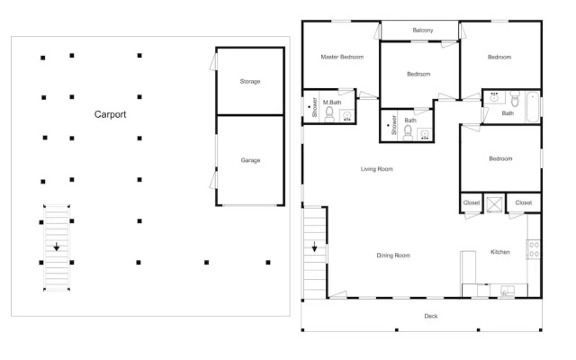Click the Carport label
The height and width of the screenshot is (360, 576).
[x=110, y=114]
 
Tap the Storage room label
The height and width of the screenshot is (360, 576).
[x=250, y=82]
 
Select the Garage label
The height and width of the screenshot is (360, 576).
[x=250, y=160]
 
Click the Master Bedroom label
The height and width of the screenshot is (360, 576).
[x=342, y=57]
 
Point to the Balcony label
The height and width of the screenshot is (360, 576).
[x=423, y=30]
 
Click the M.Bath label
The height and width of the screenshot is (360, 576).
[x=332, y=103]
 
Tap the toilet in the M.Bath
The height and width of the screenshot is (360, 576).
[x=329, y=114]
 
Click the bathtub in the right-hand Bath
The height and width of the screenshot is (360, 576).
[x=533, y=107]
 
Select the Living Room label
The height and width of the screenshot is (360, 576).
[x=377, y=169]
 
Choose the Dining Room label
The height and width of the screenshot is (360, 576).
[x=393, y=256]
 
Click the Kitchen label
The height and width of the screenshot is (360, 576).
[x=500, y=252]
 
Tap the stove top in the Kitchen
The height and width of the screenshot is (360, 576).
[x=534, y=249]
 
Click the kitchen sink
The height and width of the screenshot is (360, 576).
[x=508, y=291]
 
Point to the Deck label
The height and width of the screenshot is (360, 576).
[x=431, y=316]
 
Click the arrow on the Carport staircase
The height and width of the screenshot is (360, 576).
[x=56, y=247]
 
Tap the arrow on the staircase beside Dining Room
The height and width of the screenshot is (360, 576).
[x=314, y=247]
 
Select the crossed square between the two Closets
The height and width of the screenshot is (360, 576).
[x=494, y=204]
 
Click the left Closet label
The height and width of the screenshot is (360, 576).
[x=472, y=202]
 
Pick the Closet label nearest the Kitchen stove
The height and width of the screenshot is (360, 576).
[x=524, y=202]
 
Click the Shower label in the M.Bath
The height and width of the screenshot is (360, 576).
[x=314, y=107]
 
